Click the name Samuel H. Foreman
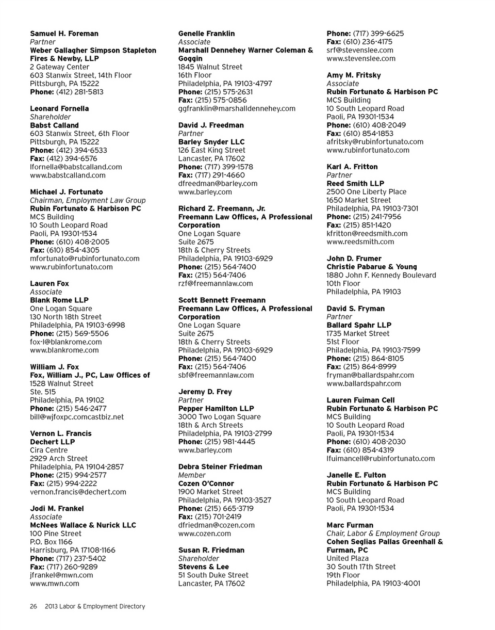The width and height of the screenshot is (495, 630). (x=64, y=34)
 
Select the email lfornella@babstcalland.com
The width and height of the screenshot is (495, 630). (x=76, y=167)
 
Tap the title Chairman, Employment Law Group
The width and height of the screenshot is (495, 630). (x=88, y=200)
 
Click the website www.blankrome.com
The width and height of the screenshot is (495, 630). (x=64, y=350)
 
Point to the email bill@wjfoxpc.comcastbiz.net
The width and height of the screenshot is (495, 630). (x=77, y=417)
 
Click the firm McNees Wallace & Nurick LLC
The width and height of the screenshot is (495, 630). (x=83, y=525)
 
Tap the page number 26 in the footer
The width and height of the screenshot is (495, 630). (x=33, y=607)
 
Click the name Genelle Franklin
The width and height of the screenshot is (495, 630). (x=206, y=34)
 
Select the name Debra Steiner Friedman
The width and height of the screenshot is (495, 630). (x=220, y=466)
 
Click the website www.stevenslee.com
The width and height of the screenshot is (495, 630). (x=361, y=58)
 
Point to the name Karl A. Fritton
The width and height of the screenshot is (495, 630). (x=352, y=167)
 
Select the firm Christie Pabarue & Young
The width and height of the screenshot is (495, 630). (x=372, y=267)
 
